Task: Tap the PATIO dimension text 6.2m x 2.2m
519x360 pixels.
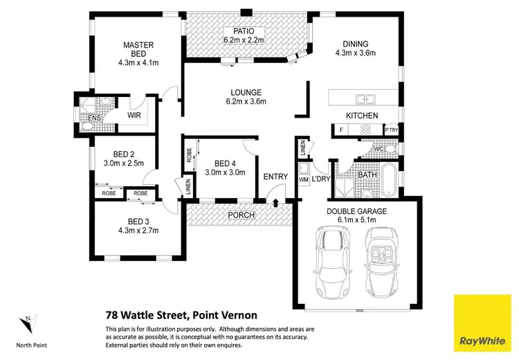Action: pos(243,41)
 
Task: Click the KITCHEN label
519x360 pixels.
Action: pos(362,116)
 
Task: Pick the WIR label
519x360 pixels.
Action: pos(134,116)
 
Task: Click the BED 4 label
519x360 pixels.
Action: pos(225,163)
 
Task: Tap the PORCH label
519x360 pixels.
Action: pos(242,215)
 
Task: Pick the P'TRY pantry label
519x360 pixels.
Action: pos(391,129)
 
